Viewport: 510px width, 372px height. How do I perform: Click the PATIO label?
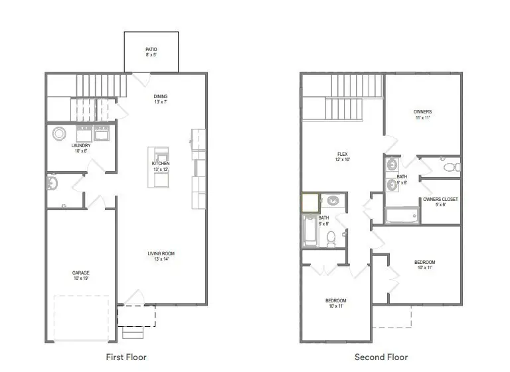coord(151,49)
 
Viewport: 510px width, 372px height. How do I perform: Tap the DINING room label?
coord(161,97)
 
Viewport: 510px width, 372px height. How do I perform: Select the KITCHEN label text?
coord(161,163)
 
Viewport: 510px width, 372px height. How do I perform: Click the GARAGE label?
coord(81,273)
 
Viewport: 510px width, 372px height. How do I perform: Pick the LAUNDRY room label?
coord(81,146)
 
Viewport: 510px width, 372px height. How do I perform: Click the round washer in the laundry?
coord(58,133)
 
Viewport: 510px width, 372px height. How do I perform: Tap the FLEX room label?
coord(343,154)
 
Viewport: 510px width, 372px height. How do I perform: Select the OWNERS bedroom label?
coord(422,111)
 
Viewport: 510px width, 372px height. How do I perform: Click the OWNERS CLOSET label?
coord(440,199)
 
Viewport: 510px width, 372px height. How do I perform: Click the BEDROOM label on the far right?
coord(426,263)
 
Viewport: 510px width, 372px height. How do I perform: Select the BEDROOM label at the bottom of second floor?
coord(335,301)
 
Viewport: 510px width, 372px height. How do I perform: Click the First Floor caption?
coord(126,357)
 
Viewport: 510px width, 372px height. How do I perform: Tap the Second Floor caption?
coord(381,357)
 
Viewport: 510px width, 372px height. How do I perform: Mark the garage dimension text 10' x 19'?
coord(81,279)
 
